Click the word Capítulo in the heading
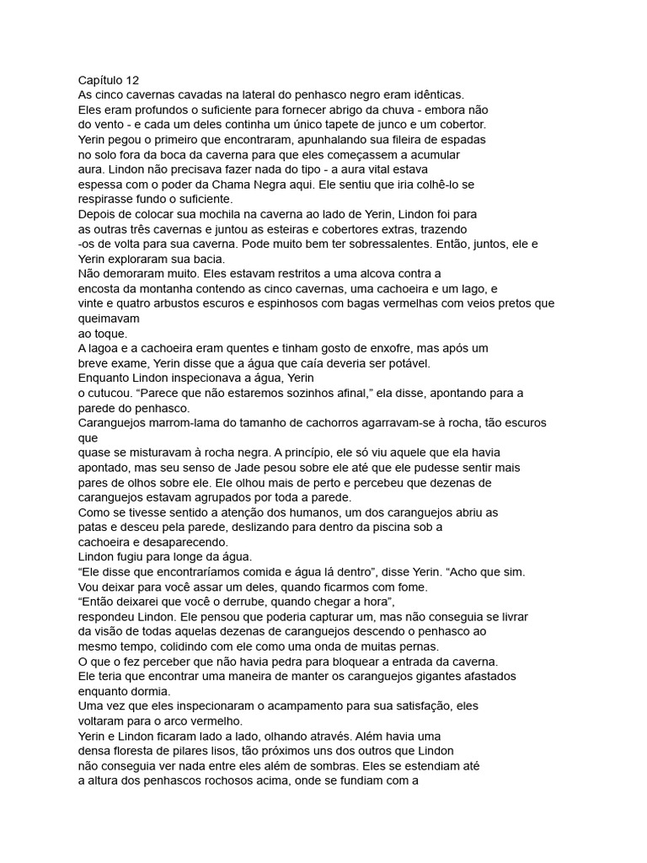pos(100,81)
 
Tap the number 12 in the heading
pos(132,81)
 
